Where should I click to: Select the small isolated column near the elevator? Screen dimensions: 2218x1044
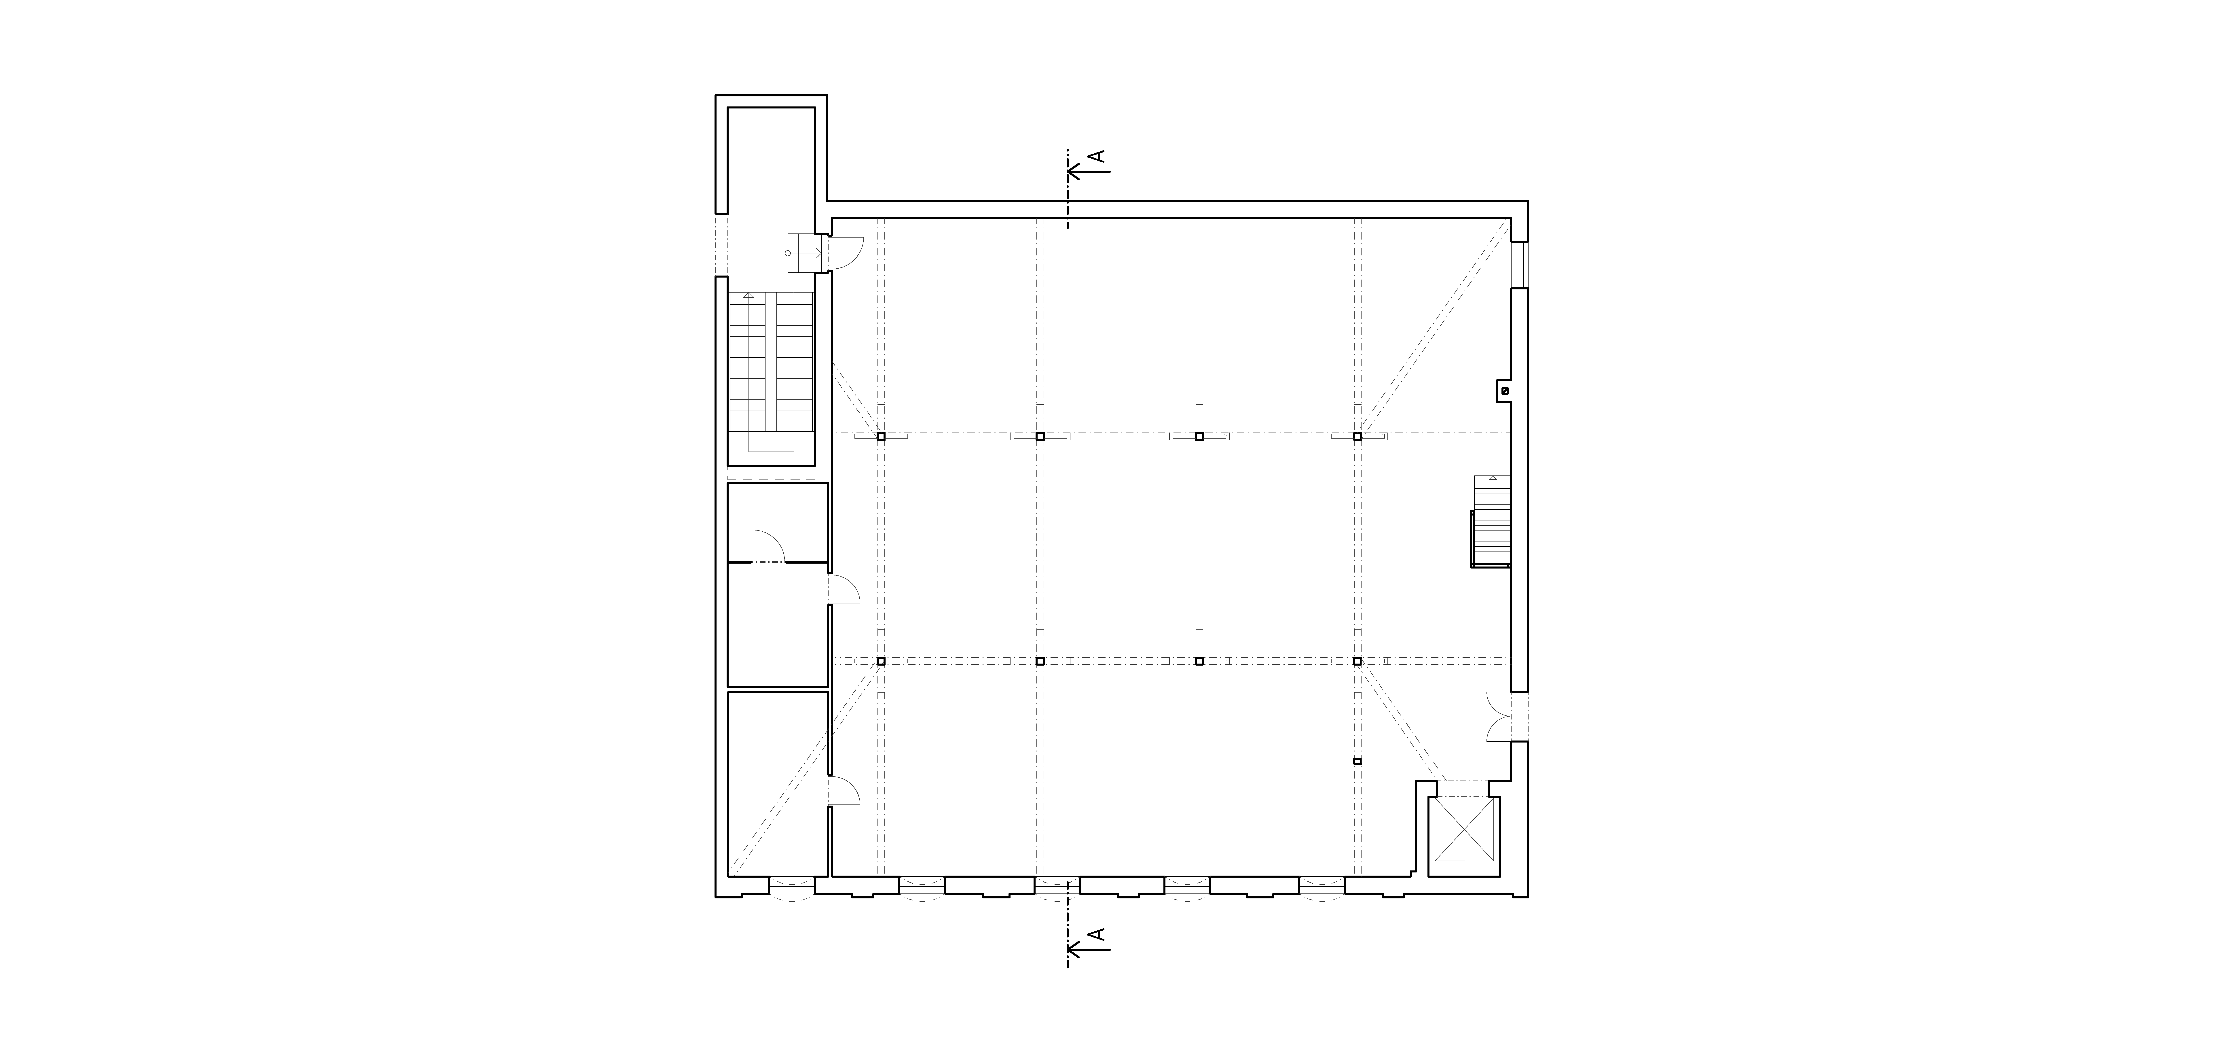point(1358,762)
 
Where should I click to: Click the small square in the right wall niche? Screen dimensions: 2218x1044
point(1505,391)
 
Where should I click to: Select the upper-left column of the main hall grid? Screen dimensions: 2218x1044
point(881,437)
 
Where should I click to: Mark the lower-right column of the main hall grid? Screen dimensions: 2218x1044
point(1358,661)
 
